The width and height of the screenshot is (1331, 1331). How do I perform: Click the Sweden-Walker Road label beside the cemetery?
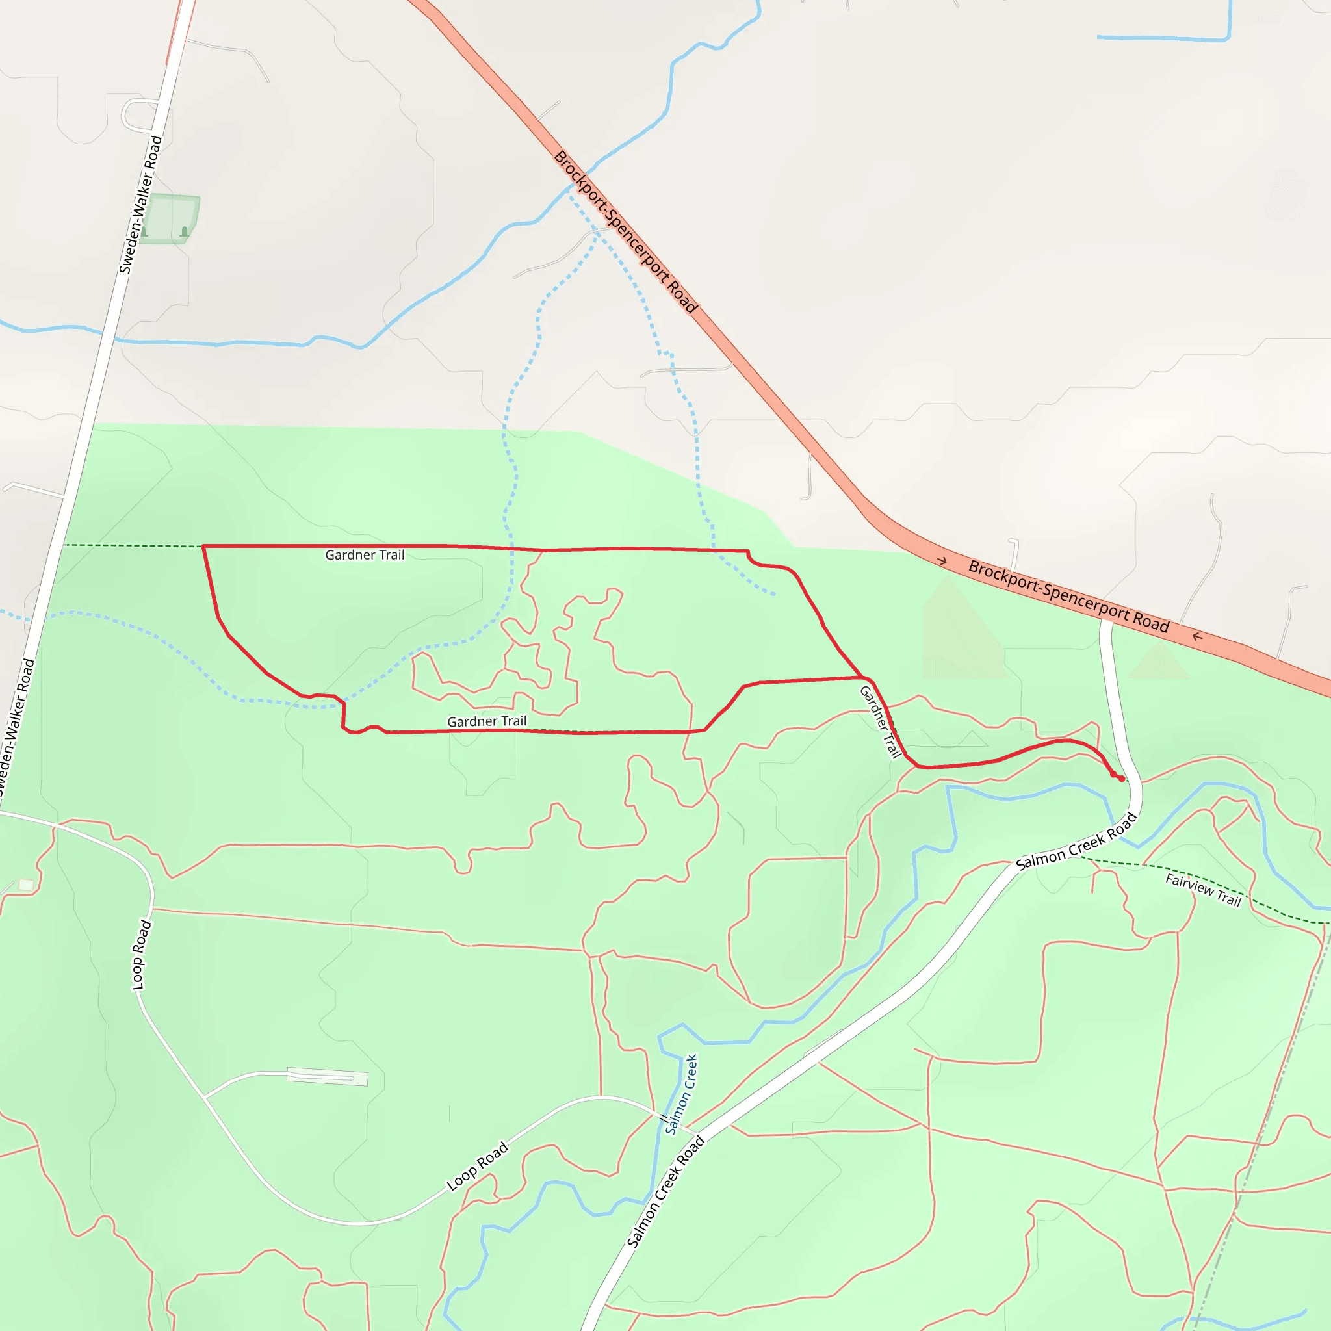140,205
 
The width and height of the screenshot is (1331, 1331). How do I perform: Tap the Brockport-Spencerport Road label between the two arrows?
1068,597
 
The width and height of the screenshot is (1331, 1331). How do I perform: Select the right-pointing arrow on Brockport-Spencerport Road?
942,562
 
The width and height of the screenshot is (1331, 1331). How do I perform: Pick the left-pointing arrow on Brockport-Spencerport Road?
1197,636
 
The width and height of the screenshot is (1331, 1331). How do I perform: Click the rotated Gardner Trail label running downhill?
881,721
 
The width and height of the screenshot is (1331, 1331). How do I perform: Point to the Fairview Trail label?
1203,890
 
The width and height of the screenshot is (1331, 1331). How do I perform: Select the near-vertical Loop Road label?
141,955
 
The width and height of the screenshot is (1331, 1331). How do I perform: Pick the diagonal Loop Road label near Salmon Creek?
478,1167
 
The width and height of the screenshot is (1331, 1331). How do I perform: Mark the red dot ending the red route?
1122,779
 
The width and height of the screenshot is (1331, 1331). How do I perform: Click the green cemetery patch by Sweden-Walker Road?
170,219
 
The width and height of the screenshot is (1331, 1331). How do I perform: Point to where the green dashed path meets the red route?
203,547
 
